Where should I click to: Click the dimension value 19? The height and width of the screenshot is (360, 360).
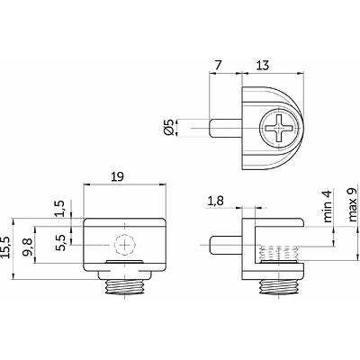117,177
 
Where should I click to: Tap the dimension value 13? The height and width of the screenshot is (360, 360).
263,66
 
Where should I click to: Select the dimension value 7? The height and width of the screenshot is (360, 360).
219,66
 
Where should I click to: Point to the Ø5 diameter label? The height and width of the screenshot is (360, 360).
169,128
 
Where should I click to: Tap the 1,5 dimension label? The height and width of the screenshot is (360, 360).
61,208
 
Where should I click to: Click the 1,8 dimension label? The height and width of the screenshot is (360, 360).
215,201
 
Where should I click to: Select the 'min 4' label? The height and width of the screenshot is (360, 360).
328,206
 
